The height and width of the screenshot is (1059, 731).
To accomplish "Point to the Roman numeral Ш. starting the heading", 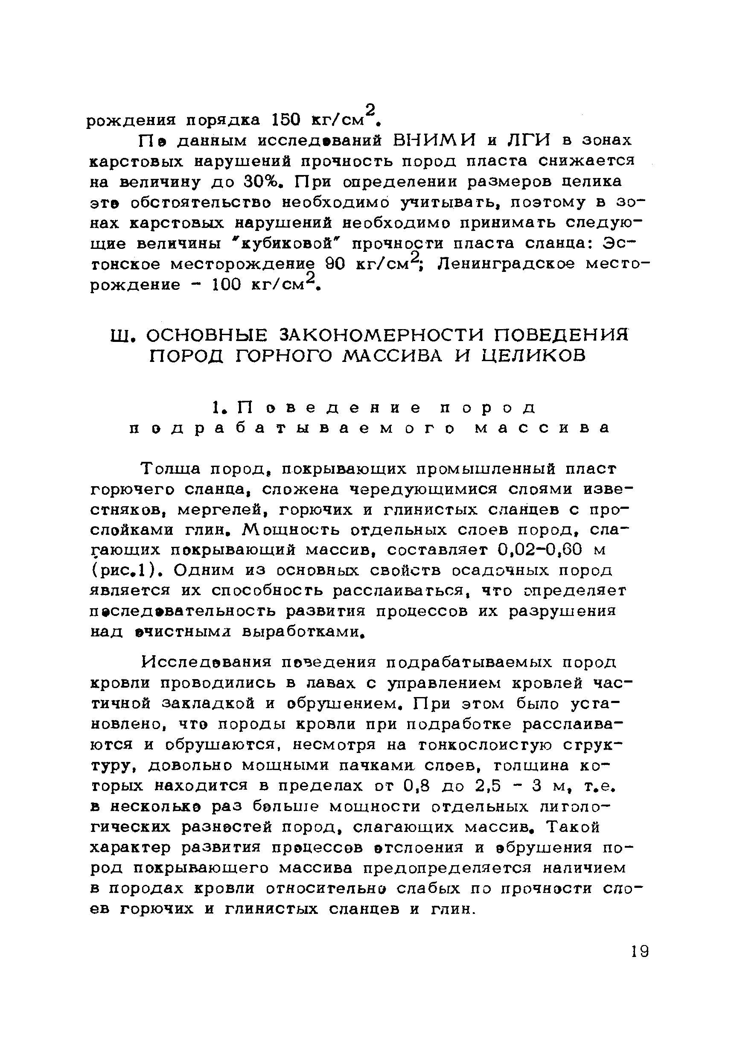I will [x=121, y=336].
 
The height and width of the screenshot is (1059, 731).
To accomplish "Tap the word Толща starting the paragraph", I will [x=171, y=469].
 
